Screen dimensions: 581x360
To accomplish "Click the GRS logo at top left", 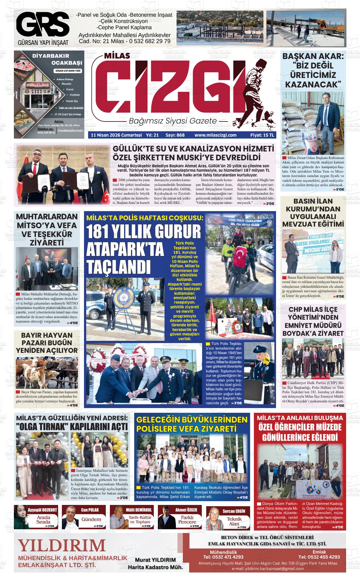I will coord(43,25).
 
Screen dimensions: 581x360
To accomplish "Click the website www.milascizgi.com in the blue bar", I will coord(215,135).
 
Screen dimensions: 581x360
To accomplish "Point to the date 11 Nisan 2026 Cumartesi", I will coord(116,135).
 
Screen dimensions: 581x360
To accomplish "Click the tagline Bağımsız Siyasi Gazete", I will coord(172,121).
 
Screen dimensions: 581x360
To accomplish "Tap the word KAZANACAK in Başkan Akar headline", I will coord(313,84).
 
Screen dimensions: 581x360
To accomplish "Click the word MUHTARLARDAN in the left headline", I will coord(47,216).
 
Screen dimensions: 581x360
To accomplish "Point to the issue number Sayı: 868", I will coord(175,135).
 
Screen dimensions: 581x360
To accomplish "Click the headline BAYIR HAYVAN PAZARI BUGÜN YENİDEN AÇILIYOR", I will coord(47,342).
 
